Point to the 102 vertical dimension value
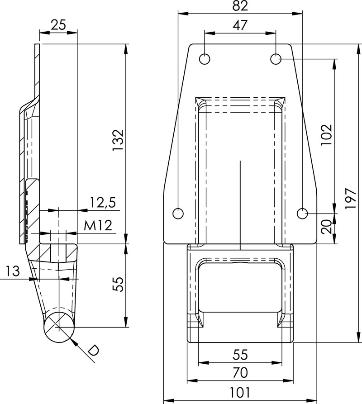coord(326,134)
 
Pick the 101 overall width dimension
coord(240,392)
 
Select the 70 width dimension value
coord(240,373)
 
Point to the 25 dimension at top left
coord(58,25)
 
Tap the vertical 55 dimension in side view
coord(118,284)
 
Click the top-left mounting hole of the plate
coord(205,59)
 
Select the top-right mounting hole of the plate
coord(276,59)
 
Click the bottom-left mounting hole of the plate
coord(178,213)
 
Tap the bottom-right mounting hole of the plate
coord(303,213)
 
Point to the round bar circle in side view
coord(59,327)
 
